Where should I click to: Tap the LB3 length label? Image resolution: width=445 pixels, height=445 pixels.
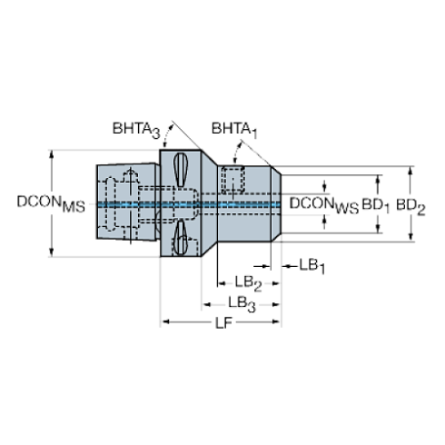tap(241, 302)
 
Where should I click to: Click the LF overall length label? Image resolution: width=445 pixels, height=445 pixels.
tap(221, 323)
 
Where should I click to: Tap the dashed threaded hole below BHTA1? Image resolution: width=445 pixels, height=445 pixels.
tap(234, 179)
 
